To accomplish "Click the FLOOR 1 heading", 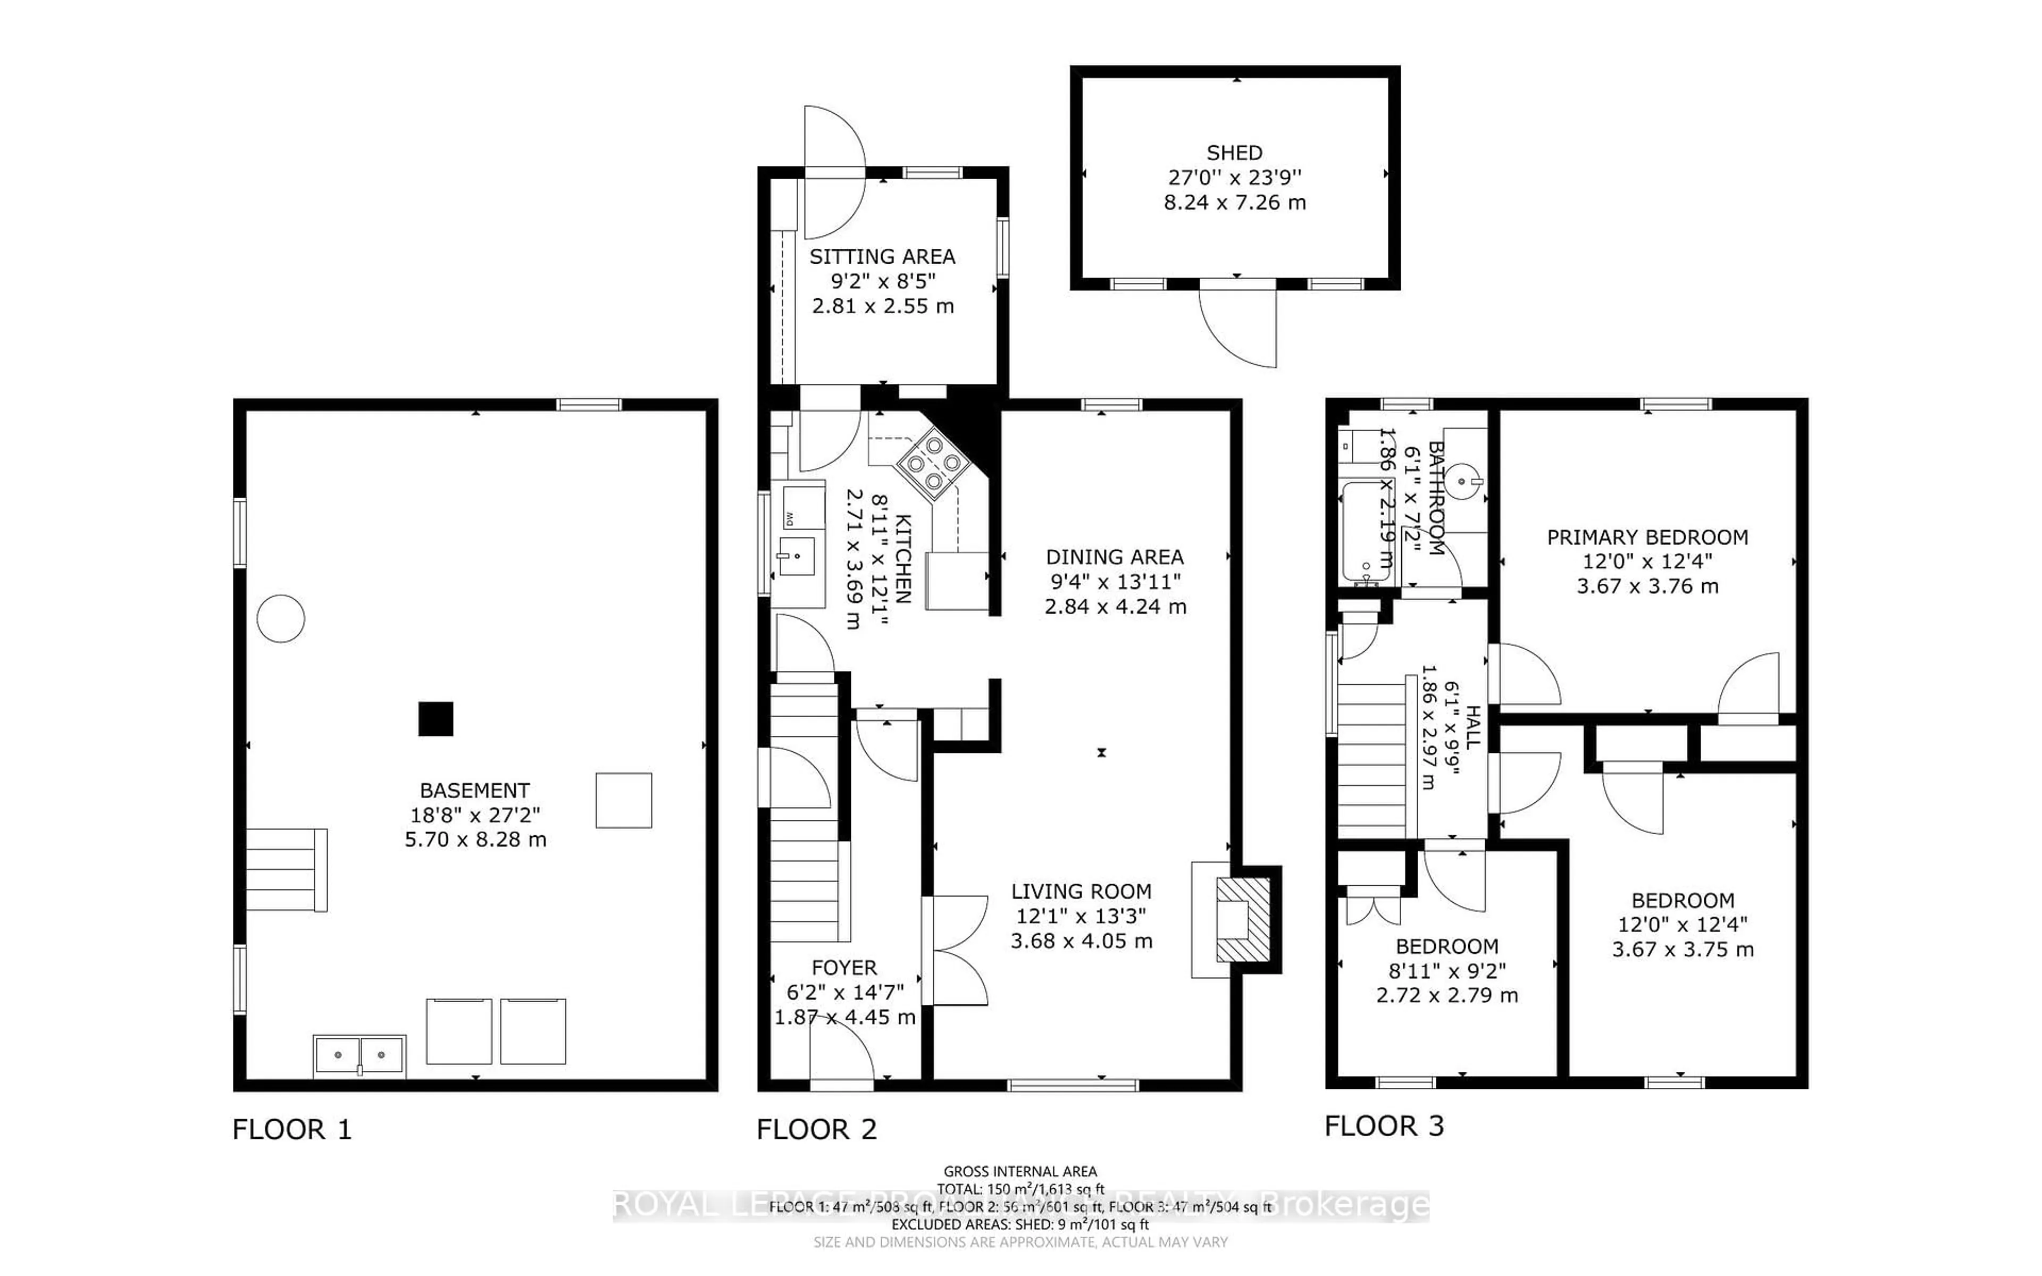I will (291, 1129).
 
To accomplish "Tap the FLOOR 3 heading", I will (1384, 1126).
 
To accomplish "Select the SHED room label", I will (1234, 153).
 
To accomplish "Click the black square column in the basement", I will (436, 719).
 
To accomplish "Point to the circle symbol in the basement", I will (280, 618).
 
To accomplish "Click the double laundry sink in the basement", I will (359, 1055).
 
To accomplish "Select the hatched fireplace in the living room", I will (1243, 919).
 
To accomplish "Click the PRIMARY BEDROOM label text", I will (1647, 537).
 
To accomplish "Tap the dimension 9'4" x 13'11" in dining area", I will (1115, 582).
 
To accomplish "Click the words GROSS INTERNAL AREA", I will (1019, 1171).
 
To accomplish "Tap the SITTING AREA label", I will (882, 257).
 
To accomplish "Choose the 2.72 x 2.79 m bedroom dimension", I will (1447, 996).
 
